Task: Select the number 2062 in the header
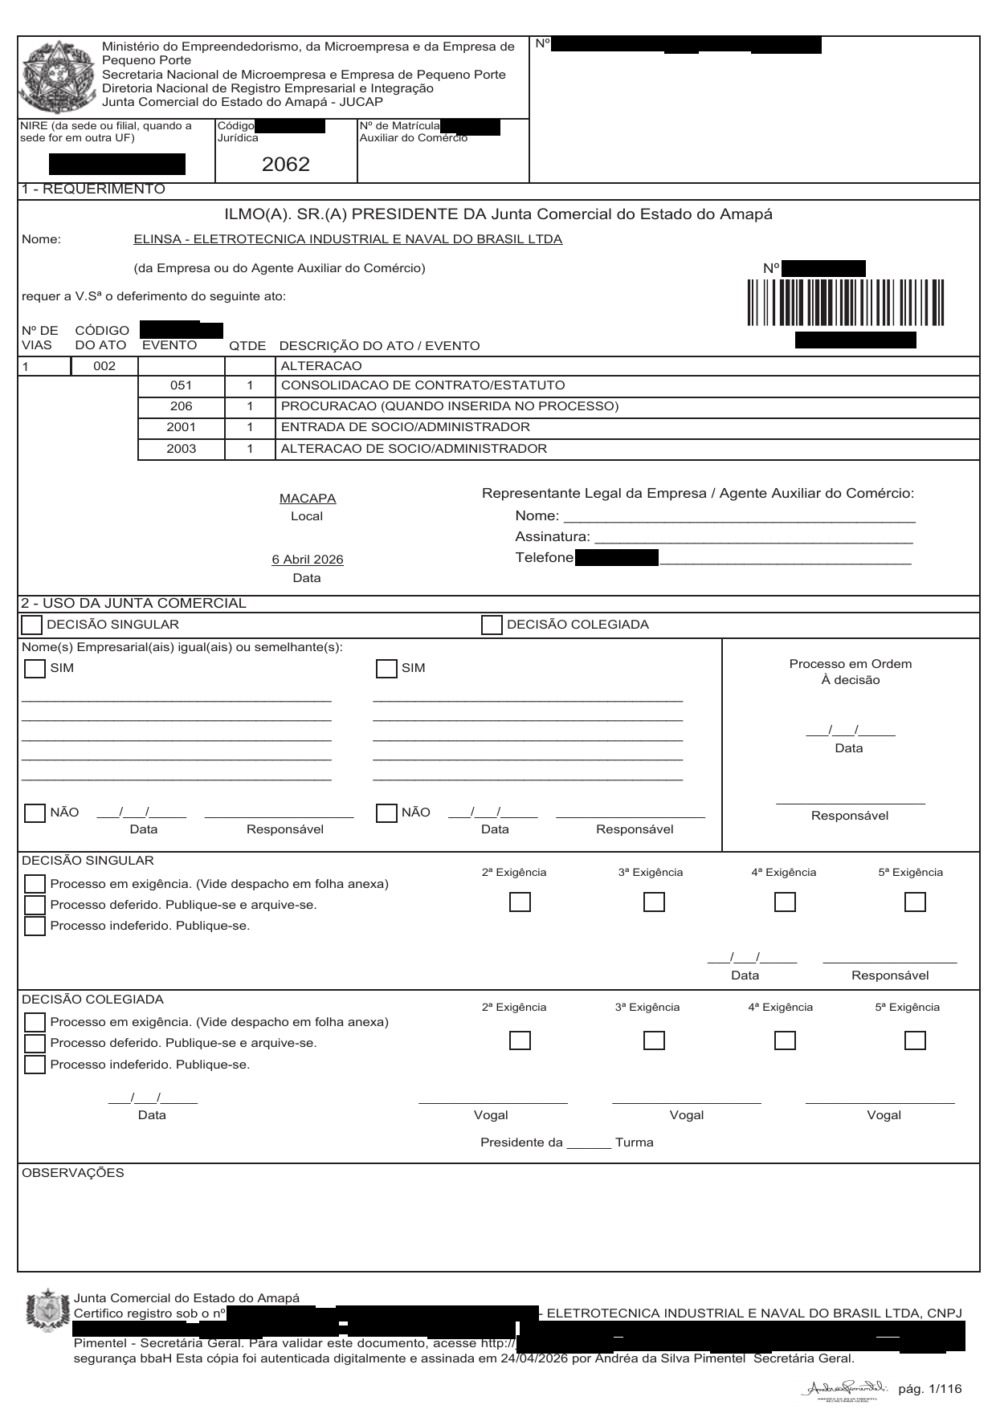[x=285, y=165]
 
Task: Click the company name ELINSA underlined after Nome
[x=347, y=239]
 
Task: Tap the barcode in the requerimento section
[x=845, y=303]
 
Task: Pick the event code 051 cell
[x=182, y=385]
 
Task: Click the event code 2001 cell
[x=182, y=427]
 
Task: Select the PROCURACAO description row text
[x=449, y=406]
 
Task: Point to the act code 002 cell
[x=104, y=366]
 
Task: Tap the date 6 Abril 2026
[x=308, y=560]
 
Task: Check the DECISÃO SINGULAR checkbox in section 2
[x=31, y=625]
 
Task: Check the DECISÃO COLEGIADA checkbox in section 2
[x=492, y=625]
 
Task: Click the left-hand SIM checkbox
[x=35, y=669]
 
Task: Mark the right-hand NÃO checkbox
[x=386, y=813]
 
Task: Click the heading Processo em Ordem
[x=850, y=664]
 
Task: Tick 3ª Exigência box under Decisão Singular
[x=654, y=902]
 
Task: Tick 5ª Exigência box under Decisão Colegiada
[x=914, y=1040]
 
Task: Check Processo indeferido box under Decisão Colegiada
[x=35, y=1065]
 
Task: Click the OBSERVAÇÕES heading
[x=73, y=1173]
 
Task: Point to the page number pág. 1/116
[x=929, y=1389]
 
